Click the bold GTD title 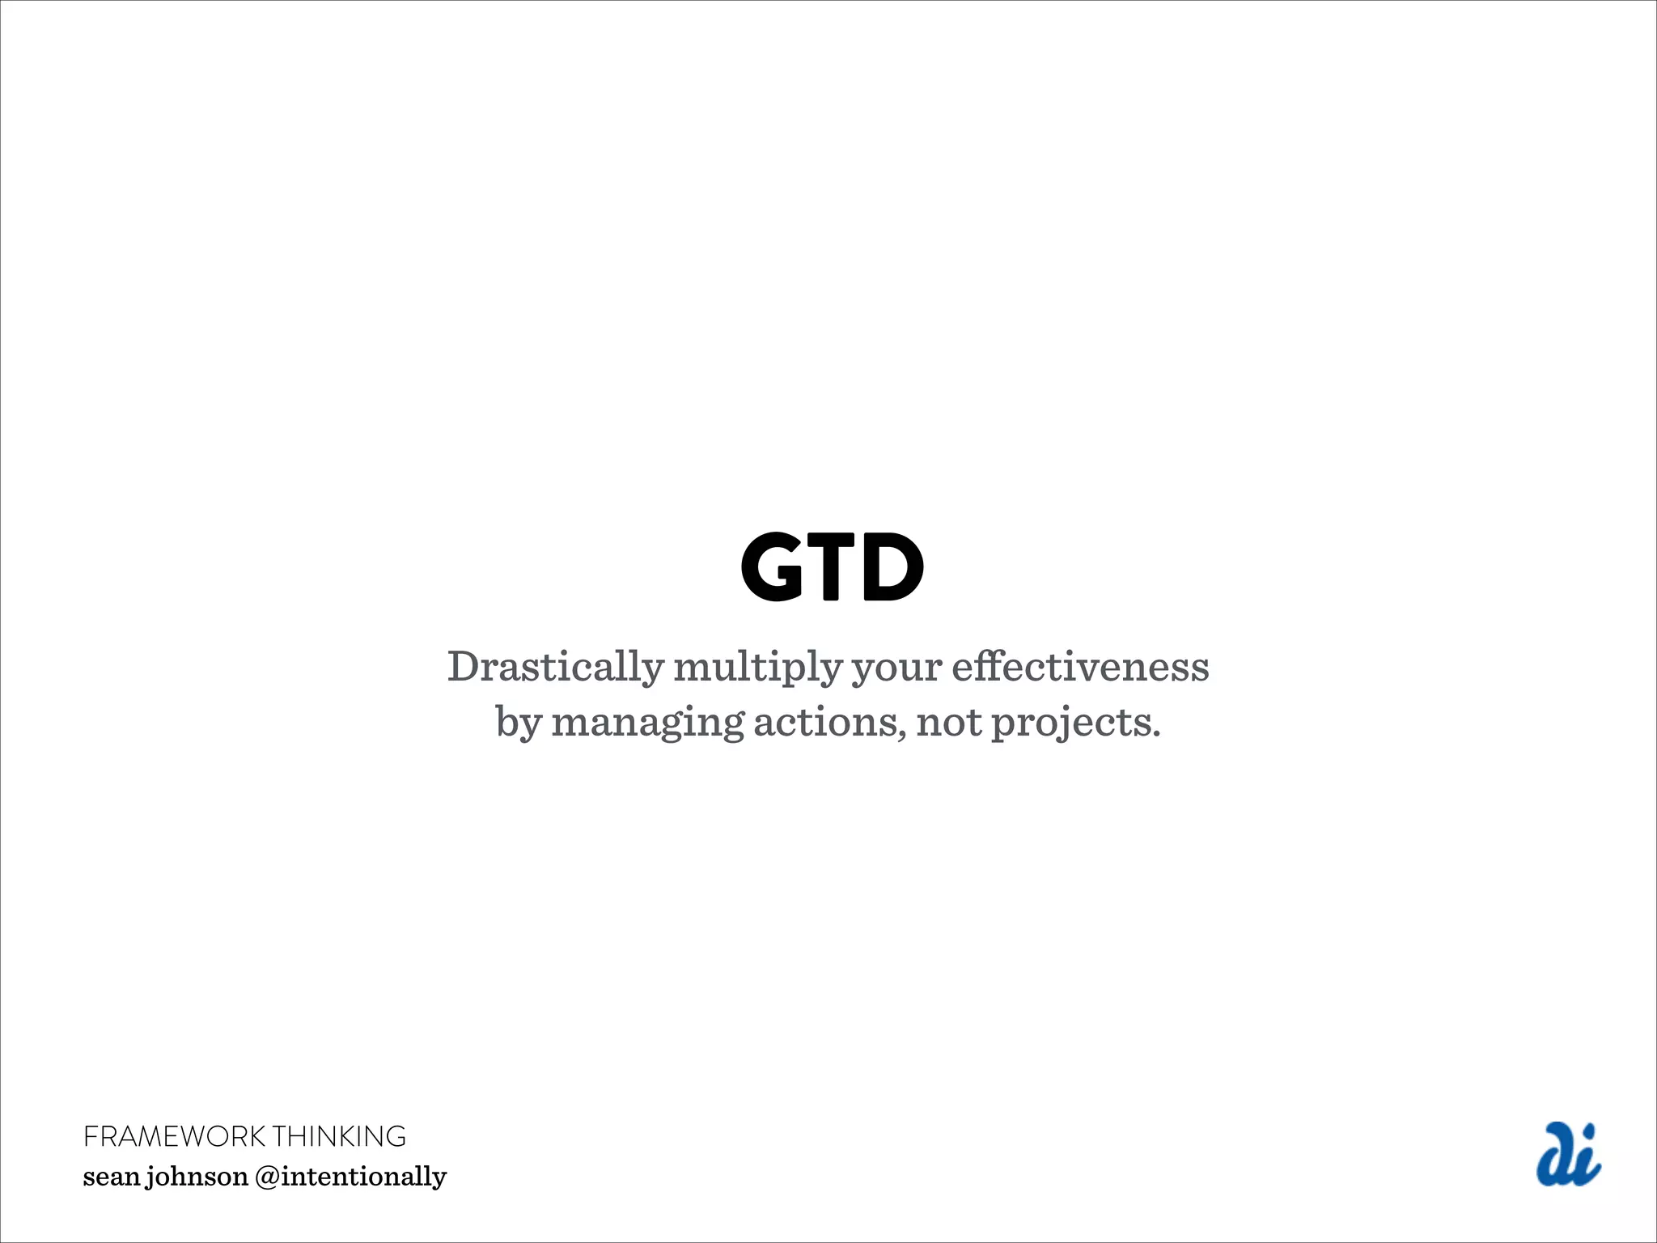832,567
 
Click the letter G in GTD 773,567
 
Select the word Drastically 555,668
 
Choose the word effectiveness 1080,668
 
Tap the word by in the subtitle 518,723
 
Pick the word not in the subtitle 949,723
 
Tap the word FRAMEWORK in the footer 174,1137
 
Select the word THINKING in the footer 339,1137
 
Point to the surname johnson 197,1177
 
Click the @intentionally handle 350,1177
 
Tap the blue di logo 1568,1155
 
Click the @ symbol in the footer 267,1177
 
